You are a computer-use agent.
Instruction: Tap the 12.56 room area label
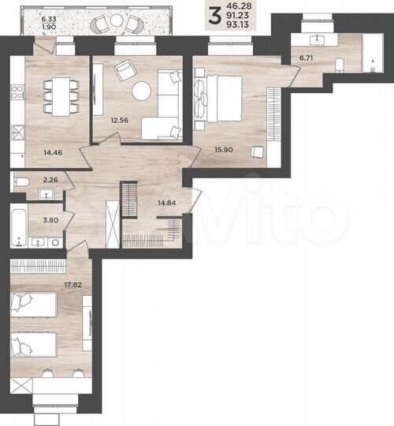pos(119,120)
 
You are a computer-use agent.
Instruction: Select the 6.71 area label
pos(304,58)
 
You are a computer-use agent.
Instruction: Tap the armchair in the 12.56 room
pos(125,71)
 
